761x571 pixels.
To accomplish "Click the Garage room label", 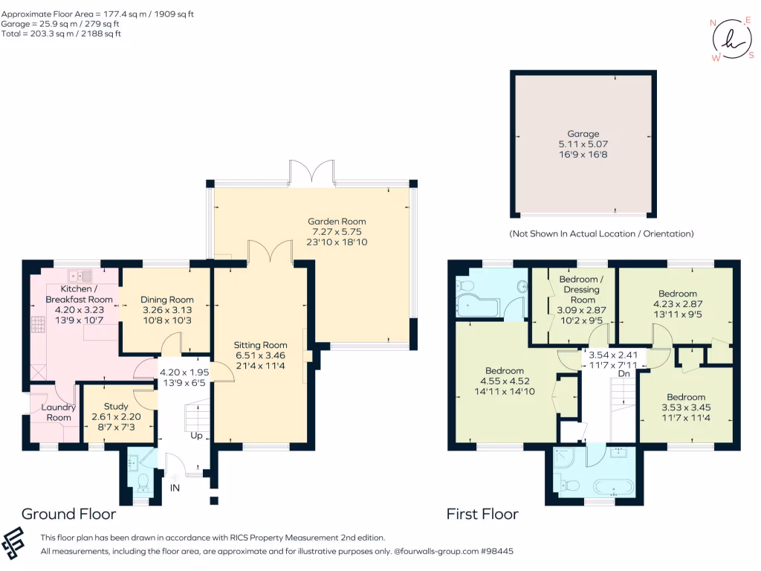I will tap(583, 135).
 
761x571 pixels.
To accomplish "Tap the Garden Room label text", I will tap(337, 222).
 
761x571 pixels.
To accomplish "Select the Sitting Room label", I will tap(260, 345).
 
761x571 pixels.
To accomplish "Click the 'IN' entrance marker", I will tap(175, 488).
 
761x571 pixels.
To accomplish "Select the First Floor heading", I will tap(482, 514).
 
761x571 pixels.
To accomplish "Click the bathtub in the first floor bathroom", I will tap(613, 488).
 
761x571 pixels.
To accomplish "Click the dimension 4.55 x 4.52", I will tap(505, 382).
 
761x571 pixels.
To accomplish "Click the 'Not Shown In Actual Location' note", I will tap(601, 233).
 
